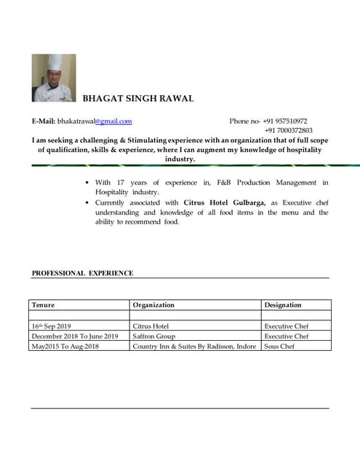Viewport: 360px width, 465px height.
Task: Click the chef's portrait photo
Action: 54,78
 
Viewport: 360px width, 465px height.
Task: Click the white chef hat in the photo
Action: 55,64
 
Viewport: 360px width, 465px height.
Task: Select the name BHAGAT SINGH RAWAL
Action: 137,98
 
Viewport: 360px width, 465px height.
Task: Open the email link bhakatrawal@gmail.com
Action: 95,121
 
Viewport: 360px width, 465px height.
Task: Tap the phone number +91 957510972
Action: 285,121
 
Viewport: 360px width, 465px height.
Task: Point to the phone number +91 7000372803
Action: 288,131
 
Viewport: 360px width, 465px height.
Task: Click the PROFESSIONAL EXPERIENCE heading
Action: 82,273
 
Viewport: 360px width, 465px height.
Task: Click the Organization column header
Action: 153,305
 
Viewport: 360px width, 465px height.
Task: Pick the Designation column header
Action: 283,305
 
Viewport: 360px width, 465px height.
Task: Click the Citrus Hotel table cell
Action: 151,326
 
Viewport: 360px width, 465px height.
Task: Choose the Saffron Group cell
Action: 154,336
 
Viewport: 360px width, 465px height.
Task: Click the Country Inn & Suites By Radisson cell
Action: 194,347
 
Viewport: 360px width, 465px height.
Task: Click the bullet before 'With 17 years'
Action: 87,183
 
